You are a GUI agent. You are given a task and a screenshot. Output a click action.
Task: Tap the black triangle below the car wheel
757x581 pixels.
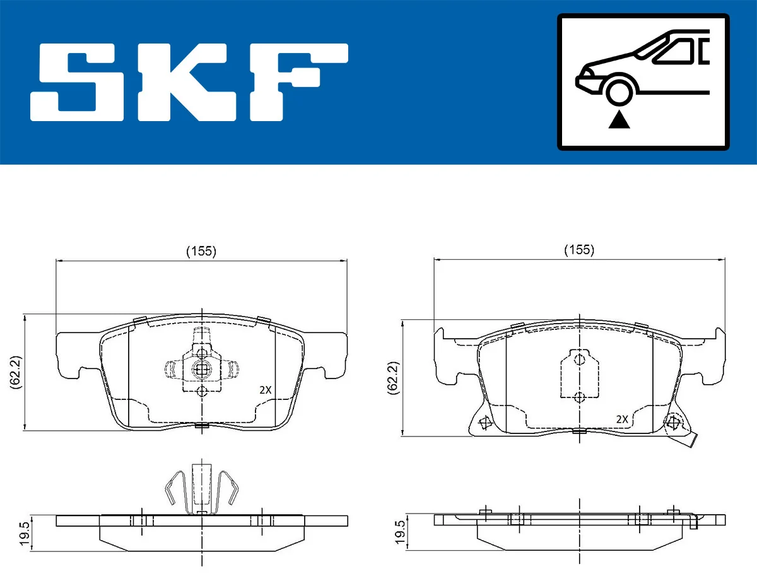[x=619, y=119]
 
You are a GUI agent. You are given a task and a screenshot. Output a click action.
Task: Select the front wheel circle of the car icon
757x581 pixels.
[x=619, y=91]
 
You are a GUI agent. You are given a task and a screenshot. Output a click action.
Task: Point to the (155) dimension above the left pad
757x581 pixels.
[x=201, y=251]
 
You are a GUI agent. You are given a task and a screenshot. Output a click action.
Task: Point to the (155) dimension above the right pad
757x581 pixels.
[x=578, y=250]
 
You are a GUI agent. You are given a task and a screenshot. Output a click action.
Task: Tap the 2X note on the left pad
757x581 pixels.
[x=266, y=390]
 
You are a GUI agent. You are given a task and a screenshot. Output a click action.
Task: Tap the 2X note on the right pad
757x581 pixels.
[x=621, y=419]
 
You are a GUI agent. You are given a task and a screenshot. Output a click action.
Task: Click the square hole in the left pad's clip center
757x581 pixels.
[x=201, y=370]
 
